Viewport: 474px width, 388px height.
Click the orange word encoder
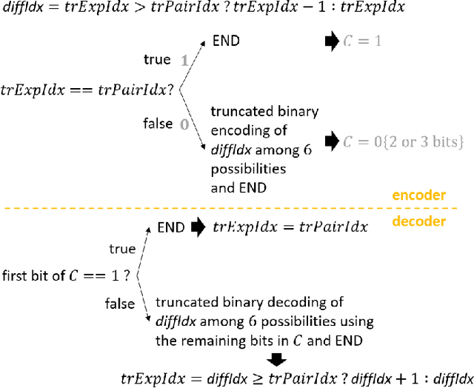[x=418, y=195]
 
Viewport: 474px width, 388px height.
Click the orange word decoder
[x=418, y=221]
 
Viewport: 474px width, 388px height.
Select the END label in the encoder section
[x=226, y=41]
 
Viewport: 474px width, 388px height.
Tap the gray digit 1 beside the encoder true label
[x=184, y=60]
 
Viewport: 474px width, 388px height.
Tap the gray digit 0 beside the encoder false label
[x=184, y=124]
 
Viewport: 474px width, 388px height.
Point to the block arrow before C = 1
[x=330, y=41]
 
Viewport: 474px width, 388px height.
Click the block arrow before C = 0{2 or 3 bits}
[x=330, y=139]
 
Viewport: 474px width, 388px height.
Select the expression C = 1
[x=362, y=41]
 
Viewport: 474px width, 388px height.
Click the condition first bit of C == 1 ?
[x=67, y=275]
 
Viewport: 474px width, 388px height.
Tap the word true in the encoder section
[x=157, y=59]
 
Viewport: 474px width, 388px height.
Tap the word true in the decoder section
[x=122, y=249]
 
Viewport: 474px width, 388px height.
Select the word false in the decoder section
[x=120, y=303]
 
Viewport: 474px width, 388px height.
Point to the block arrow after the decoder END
[x=198, y=227]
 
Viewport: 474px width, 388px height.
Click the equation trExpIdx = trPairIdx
[x=290, y=227]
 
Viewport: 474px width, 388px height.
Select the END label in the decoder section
[x=171, y=227]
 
